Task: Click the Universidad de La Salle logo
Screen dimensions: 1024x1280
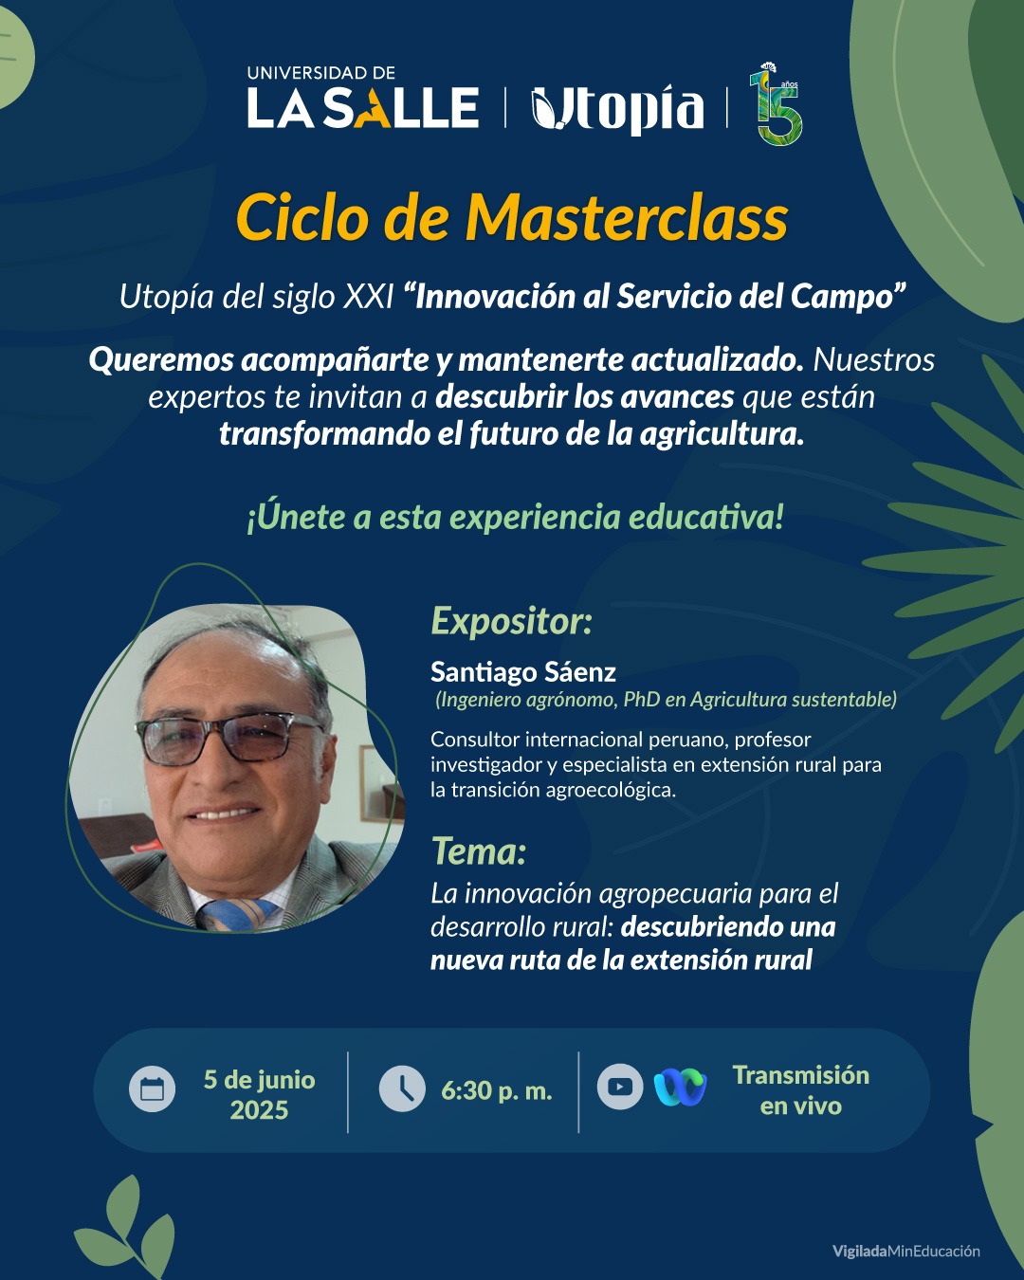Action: (363, 98)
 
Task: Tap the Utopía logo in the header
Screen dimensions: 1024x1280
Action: (617, 109)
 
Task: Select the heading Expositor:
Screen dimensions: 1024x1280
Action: (512, 622)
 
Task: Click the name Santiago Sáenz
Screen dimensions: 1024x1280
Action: (523, 673)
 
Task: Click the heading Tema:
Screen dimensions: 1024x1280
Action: (479, 851)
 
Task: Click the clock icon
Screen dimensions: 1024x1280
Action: (402, 1089)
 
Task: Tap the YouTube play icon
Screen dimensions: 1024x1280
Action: (620, 1087)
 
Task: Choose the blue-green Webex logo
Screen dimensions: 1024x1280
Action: (680, 1088)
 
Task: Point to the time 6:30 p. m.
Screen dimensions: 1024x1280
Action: (497, 1091)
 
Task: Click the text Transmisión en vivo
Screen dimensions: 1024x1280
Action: (801, 1090)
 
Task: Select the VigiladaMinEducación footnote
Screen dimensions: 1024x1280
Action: (905, 1251)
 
